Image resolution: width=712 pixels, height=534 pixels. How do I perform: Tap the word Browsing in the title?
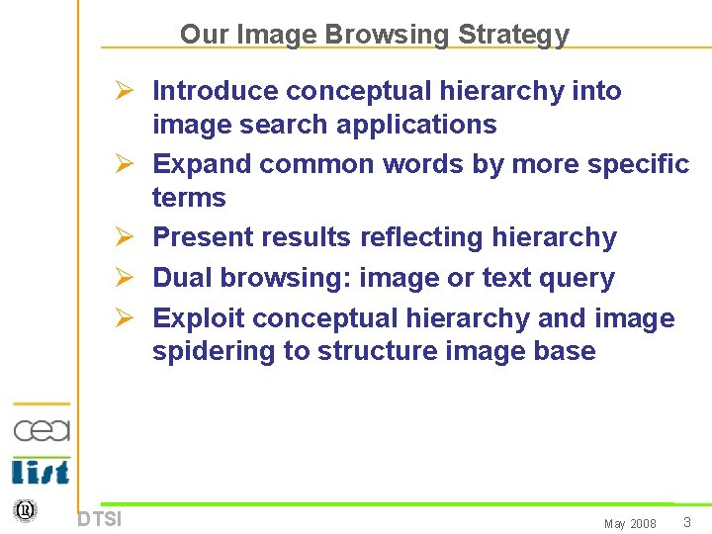point(388,35)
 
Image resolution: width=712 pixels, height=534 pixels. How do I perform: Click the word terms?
point(189,198)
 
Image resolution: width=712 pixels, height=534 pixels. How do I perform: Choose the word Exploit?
point(199,318)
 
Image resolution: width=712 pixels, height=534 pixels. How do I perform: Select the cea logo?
point(42,430)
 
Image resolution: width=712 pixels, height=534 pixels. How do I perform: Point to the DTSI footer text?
point(99,519)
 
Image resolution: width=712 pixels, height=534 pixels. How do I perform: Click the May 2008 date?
point(630,524)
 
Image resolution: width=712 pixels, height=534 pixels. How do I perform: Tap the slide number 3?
point(685,522)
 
